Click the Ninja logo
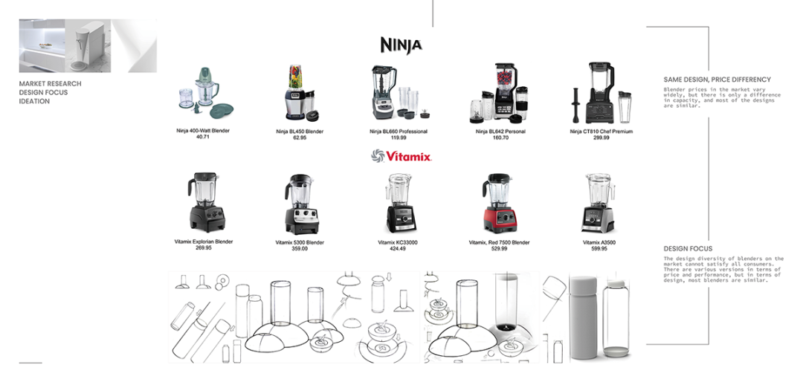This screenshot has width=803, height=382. pos(401,45)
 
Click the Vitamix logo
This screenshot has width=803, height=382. pos(401,156)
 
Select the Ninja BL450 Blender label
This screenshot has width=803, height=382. pos(300,132)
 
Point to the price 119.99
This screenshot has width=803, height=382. pos(399,138)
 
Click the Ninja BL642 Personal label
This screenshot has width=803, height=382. pos(500,132)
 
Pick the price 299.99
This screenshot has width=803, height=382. pos(601,138)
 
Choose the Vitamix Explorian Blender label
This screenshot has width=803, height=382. pos(204,242)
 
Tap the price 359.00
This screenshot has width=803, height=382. pos(300,249)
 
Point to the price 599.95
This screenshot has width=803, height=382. pos(599,249)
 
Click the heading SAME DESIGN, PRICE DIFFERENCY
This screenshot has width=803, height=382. pos(717,80)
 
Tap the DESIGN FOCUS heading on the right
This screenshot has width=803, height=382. pos(688,249)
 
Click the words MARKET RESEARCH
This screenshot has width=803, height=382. pos(51,84)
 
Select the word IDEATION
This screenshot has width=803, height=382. pos(34,101)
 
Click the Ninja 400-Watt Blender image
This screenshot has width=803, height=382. pos(199,94)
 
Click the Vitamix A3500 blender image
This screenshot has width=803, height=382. pos(599,204)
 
